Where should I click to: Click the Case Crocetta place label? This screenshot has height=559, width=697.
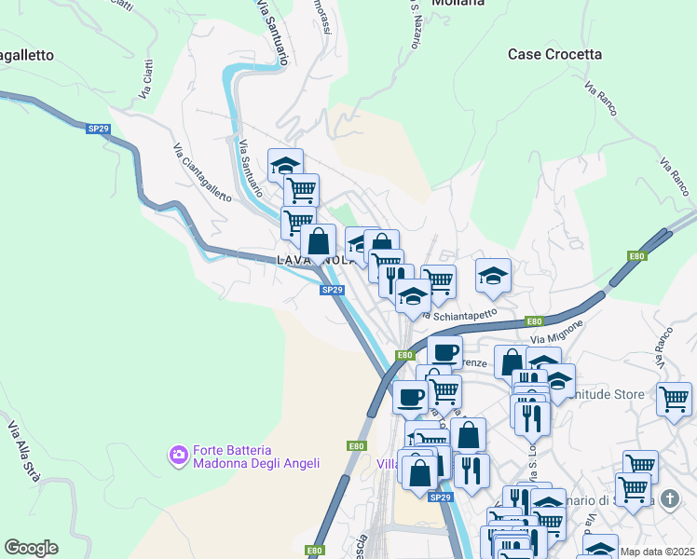pyautogui.click(x=554, y=55)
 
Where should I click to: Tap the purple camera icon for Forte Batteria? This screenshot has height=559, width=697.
pyautogui.click(x=177, y=455)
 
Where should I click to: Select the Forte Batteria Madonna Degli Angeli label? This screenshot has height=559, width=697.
pyautogui.click(x=256, y=456)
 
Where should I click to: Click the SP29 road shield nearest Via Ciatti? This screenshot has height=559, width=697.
pyautogui.click(x=99, y=129)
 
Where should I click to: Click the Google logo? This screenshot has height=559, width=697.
pyautogui.click(x=31, y=548)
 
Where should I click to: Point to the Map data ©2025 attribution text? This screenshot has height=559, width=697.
pyautogui.click(x=657, y=552)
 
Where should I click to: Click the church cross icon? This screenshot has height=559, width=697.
pyautogui.click(x=669, y=499)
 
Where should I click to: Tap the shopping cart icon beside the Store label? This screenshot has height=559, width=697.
pyautogui.click(x=674, y=398)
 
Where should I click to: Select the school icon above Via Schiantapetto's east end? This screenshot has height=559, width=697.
pyautogui.click(x=493, y=275)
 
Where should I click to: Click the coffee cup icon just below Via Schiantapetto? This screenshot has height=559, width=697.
pyautogui.click(x=444, y=352)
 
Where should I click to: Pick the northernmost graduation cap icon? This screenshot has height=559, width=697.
pyautogui.click(x=285, y=165)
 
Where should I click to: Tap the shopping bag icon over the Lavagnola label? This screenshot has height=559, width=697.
pyautogui.click(x=318, y=240)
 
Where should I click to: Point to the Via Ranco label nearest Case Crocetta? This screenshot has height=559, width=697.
pyautogui.click(x=603, y=103)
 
